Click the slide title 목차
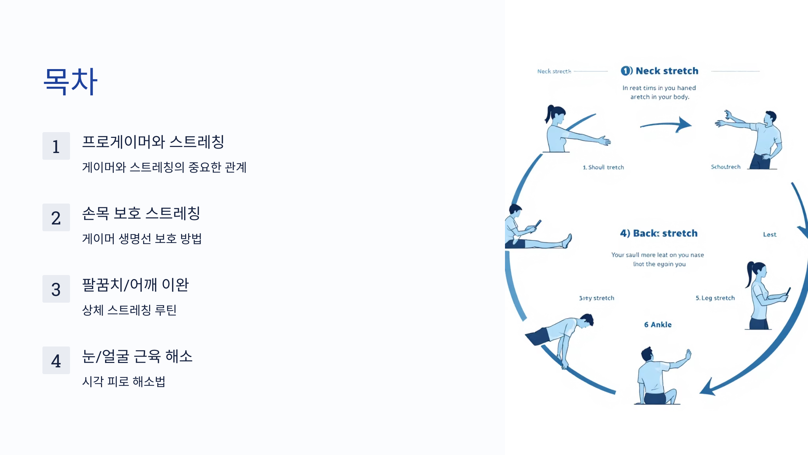[71, 81]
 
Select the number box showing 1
[56, 146]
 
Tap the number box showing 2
[56, 217]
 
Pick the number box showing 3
[56, 289]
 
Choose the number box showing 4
[56, 360]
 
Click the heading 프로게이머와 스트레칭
[153, 142]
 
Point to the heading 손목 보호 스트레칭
[141, 213]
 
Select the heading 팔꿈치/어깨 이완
[135, 284]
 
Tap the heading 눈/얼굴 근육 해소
[137, 356]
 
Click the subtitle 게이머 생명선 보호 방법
[142, 239]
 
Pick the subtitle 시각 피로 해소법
[124, 382]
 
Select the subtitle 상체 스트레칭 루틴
[129, 310]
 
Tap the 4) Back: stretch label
[659, 233]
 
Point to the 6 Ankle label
[658, 325]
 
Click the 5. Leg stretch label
[715, 298]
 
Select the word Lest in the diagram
[770, 235]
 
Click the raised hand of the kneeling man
[688, 355]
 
